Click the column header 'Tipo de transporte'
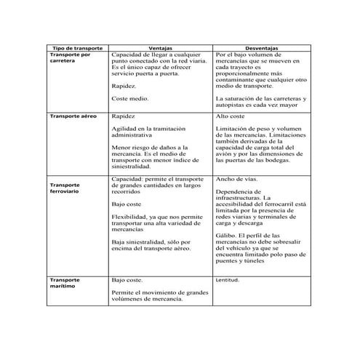click(x=77, y=47)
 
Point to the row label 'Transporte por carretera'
click(x=70, y=57)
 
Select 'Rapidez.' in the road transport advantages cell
click(x=124, y=84)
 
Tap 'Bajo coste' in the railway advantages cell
click(x=127, y=204)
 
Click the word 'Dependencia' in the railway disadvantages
click(x=236, y=191)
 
